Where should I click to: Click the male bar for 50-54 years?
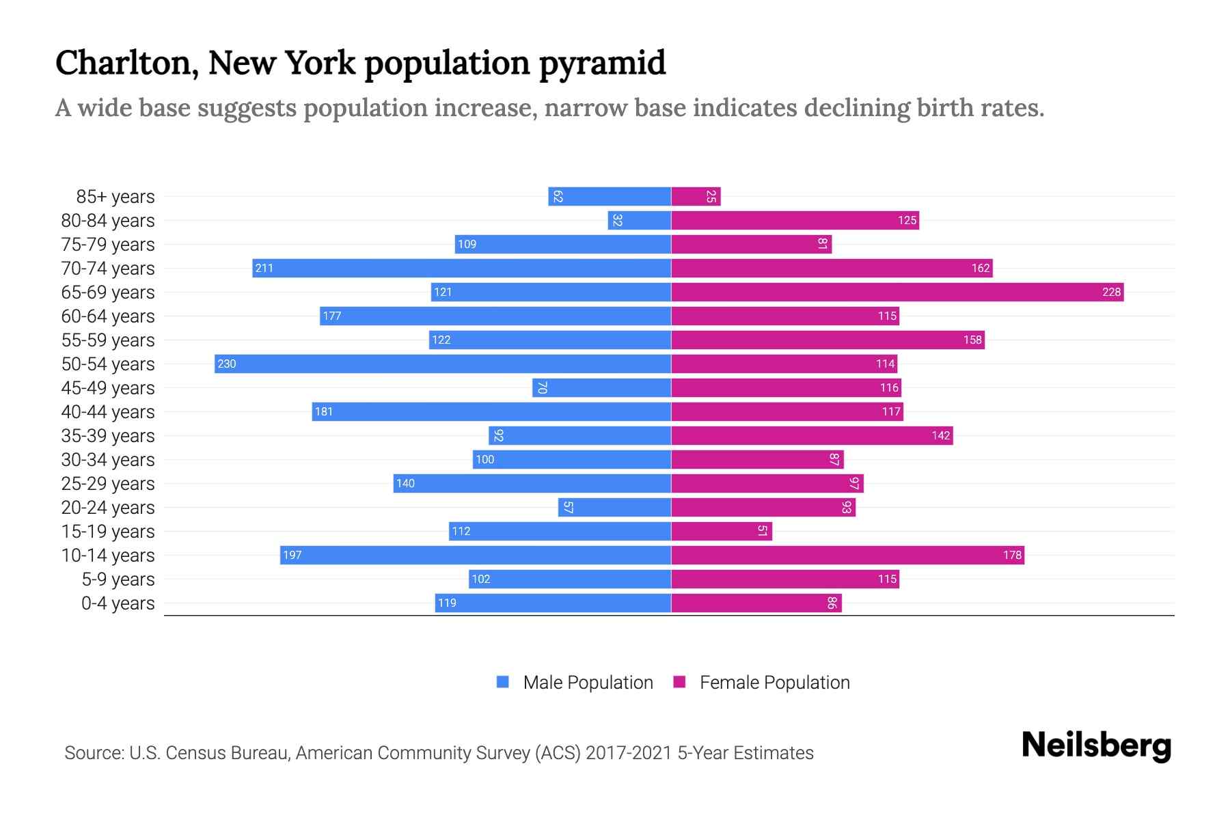pos(443,364)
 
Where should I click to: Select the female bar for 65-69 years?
pos(897,292)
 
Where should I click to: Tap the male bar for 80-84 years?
pos(640,220)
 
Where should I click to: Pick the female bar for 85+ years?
pos(696,196)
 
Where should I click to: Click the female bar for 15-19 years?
pos(722,531)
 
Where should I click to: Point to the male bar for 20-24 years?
pos(615,507)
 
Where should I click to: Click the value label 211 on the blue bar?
pos(264,268)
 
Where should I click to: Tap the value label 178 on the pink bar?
pos(1012,555)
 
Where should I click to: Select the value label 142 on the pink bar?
pos(941,435)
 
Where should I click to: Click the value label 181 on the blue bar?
pos(324,411)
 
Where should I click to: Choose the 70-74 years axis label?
pos(108,268)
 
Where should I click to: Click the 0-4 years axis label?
pos(118,603)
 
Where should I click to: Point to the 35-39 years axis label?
pos(108,435)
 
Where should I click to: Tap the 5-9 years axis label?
pos(118,579)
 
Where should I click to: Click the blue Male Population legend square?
pos(503,682)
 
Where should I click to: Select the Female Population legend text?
pos(774,682)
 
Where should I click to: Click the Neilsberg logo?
pos(1096,746)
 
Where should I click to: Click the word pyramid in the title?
pos(602,63)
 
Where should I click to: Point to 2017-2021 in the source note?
pos(628,752)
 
